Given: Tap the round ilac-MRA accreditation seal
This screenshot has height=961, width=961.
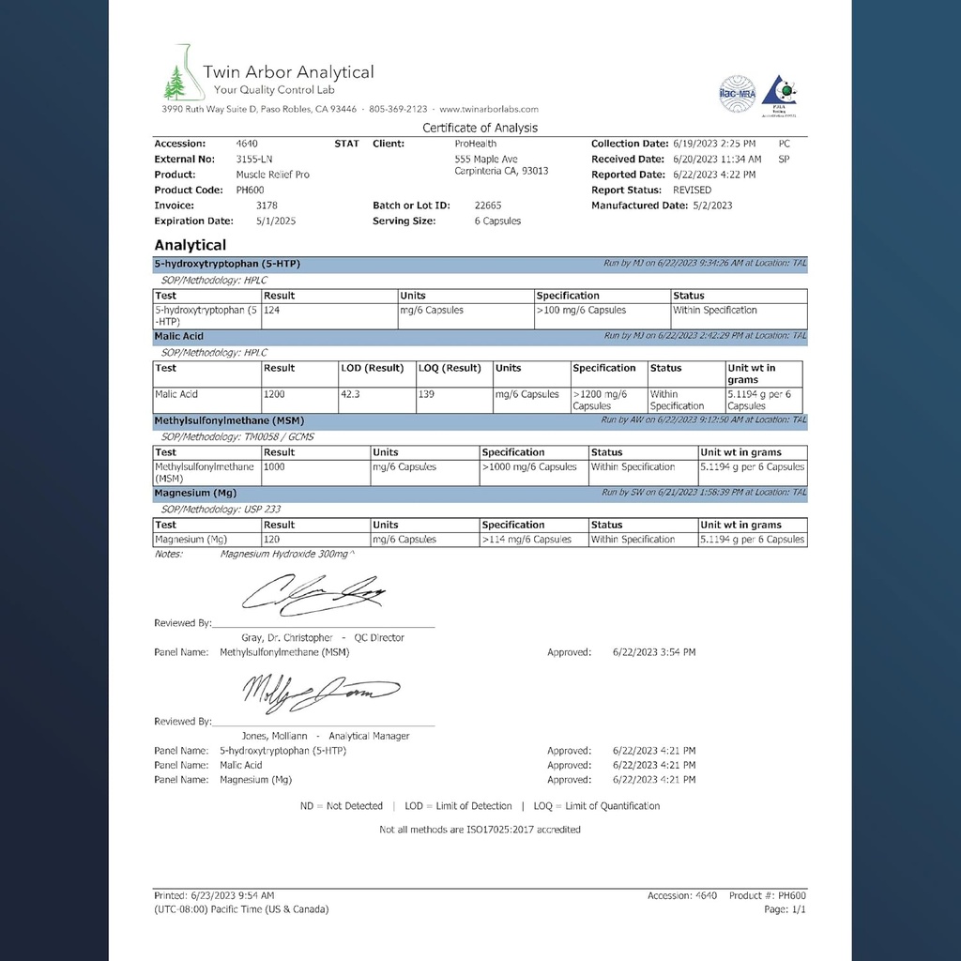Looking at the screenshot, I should pyautogui.click(x=737, y=94).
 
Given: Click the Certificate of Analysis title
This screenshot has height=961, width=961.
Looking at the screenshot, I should pyautogui.click(x=480, y=128).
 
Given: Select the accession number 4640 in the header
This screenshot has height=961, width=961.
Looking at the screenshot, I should pyautogui.click(x=248, y=144).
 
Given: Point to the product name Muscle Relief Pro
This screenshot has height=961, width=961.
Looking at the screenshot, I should pyautogui.click(x=272, y=175).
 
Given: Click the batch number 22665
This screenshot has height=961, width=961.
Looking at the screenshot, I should pyautogui.click(x=488, y=206).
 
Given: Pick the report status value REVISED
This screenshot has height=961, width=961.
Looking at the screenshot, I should pyautogui.click(x=692, y=190).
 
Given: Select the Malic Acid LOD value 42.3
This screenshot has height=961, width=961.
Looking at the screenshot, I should pyautogui.click(x=351, y=395).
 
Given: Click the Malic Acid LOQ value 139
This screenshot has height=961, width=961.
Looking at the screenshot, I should pyautogui.click(x=427, y=395).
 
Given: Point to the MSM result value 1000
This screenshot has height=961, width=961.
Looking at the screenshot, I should pyautogui.click(x=278, y=467).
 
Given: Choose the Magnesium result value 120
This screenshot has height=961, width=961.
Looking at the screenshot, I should pyautogui.click(x=273, y=540).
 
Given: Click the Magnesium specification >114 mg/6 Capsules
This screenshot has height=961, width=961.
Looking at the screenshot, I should pyautogui.click(x=526, y=540).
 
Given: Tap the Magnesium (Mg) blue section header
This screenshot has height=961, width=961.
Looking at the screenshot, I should pyautogui.click(x=195, y=493).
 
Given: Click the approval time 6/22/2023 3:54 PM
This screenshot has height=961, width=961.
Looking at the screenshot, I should pyautogui.click(x=654, y=652).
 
